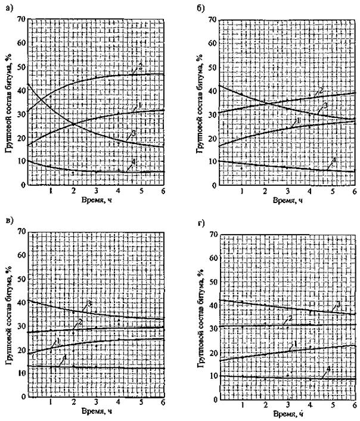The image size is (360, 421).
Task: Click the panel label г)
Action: (x=203, y=224)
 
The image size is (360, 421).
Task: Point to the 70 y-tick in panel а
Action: (x=20, y=18)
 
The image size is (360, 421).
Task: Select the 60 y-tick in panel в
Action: (x=20, y=254)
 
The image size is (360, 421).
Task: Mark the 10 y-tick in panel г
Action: (x=212, y=376)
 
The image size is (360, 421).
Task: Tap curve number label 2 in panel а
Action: (x=140, y=66)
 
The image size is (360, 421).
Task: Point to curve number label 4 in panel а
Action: (x=134, y=161)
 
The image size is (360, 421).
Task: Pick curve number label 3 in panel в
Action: (x=88, y=304)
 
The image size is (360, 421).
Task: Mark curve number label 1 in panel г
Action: (x=294, y=344)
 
